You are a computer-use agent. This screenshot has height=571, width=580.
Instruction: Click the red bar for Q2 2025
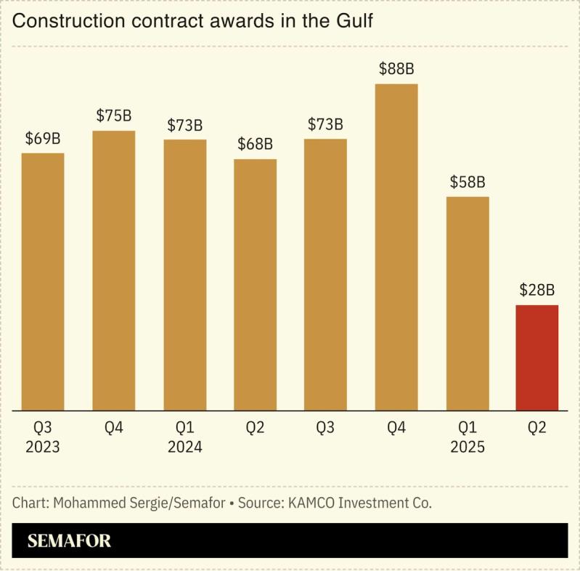537,357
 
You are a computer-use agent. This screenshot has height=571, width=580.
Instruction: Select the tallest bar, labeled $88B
396,247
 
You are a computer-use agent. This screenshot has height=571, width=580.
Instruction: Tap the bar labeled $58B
467,303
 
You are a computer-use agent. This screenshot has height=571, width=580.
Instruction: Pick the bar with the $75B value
114,270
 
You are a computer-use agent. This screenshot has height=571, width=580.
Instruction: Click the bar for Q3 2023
43,281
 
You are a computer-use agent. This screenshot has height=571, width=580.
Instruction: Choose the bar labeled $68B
255,284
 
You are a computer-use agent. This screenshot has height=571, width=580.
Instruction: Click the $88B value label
396,69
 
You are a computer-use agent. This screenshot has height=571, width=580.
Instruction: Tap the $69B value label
43,138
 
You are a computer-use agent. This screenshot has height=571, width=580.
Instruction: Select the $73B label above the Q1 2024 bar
184,124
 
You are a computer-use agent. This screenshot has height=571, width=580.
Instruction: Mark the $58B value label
467,182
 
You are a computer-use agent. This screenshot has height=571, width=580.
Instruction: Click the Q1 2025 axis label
467,437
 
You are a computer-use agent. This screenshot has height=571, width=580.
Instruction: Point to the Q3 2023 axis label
43,437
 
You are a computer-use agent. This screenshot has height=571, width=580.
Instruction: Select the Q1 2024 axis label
184,437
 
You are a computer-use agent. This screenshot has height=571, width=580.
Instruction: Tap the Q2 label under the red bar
537,428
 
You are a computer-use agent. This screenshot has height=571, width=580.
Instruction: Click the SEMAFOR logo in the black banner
69,540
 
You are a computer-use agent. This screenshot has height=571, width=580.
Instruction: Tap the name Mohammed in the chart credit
81,503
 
